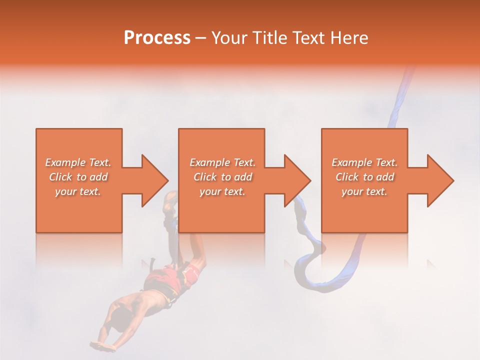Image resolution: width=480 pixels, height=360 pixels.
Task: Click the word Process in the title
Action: click(157, 38)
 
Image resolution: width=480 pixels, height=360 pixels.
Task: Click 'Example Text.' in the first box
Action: click(78, 162)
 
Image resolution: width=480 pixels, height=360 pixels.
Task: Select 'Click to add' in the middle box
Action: click(222, 177)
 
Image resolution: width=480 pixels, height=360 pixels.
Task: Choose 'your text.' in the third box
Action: click(364, 191)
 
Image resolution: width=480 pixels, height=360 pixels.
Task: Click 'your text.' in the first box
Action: click(78, 191)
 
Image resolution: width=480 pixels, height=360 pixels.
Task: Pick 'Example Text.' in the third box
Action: click(364, 162)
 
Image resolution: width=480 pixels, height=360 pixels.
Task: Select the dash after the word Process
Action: click(201, 38)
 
